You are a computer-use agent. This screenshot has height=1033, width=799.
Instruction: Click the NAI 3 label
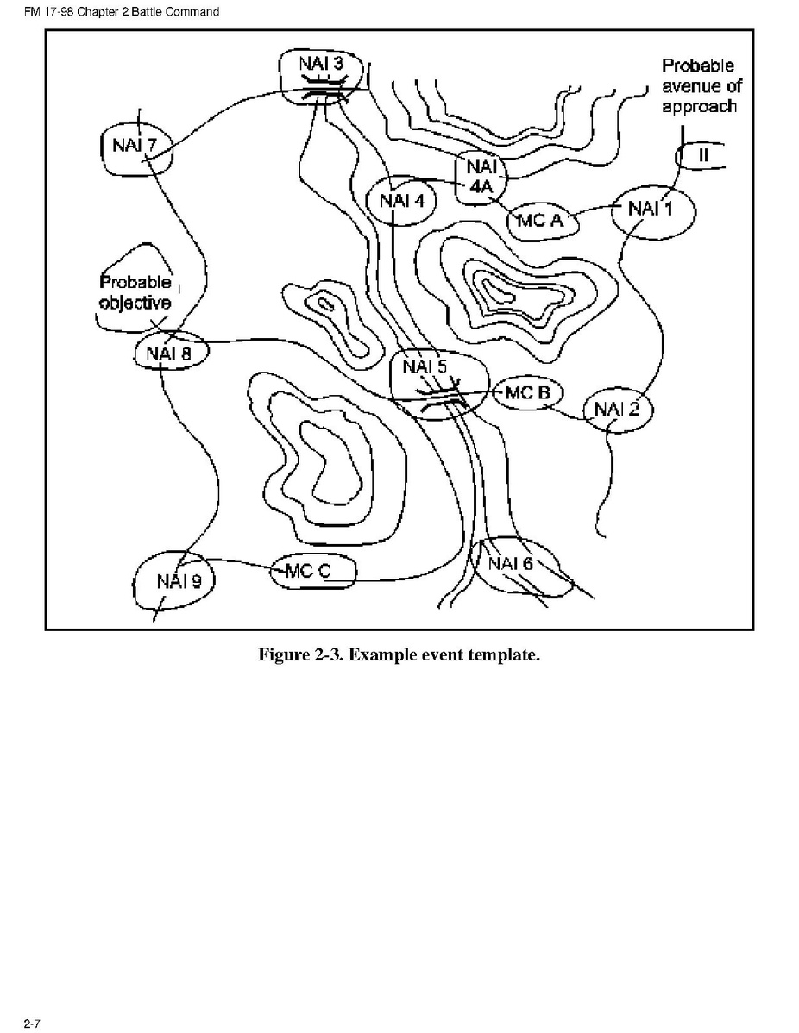(321, 63)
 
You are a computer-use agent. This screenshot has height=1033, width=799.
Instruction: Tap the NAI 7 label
(134, 145)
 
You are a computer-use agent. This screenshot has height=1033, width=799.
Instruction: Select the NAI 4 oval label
(402, 200)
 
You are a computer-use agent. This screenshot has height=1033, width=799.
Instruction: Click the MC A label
(541, 220)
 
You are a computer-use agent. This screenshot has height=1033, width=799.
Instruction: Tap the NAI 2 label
(617, 409)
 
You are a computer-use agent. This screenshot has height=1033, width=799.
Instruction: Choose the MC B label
(527, 392)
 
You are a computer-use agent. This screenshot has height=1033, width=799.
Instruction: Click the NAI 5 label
(425, 366)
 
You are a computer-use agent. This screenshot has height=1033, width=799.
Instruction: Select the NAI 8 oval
(169, 353)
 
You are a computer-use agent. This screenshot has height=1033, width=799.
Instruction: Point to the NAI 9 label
(178, 581)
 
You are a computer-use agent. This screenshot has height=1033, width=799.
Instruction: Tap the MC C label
(308, 571)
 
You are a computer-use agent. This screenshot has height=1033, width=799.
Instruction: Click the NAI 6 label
(510, 563)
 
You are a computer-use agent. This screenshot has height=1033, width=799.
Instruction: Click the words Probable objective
(135, 292)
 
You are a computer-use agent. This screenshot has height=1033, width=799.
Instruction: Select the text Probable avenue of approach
(701, 86)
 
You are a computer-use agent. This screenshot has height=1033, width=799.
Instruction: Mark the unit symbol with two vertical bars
(702, 155)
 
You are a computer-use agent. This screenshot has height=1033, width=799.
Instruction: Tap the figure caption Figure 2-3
(399, 654)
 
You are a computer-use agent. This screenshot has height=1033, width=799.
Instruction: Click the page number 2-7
(32, 1024)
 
